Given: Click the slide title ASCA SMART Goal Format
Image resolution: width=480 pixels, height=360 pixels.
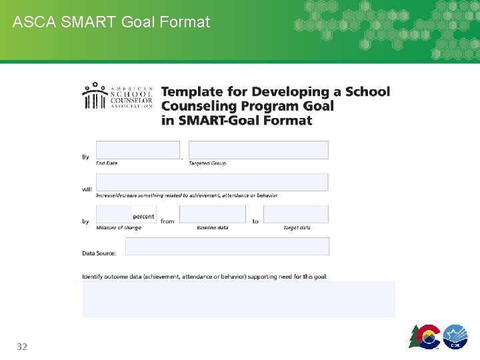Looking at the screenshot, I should (111, 22).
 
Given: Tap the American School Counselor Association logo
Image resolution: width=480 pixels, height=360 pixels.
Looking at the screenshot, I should (118, 96).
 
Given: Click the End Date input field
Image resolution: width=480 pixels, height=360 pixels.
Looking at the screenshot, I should (138, 149).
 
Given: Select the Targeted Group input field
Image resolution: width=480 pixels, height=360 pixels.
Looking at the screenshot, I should (259, 149).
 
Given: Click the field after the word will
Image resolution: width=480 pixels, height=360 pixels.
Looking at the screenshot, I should (212, 182).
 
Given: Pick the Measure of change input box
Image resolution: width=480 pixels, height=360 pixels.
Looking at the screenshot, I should (115, 214).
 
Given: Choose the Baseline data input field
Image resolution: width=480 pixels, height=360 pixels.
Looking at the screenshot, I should (213, 214).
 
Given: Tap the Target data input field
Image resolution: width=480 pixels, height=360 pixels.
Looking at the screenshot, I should (296, 214).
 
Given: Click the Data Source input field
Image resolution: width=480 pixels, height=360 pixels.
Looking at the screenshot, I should (227, 246).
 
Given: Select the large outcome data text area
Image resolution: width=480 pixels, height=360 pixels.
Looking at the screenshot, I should (239, 299).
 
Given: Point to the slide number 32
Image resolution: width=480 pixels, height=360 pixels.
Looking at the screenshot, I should (22, 347).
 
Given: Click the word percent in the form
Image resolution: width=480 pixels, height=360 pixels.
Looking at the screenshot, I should (143, 217).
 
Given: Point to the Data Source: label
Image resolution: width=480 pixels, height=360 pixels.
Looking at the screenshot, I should (99, 253).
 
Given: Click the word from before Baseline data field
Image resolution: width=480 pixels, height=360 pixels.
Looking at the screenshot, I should (167, 221).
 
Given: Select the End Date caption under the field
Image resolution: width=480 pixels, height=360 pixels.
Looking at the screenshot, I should (107, 163).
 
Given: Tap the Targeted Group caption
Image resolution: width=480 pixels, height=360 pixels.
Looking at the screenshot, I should (207, 163).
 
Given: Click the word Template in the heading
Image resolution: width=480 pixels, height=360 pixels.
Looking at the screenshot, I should (191, 92).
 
